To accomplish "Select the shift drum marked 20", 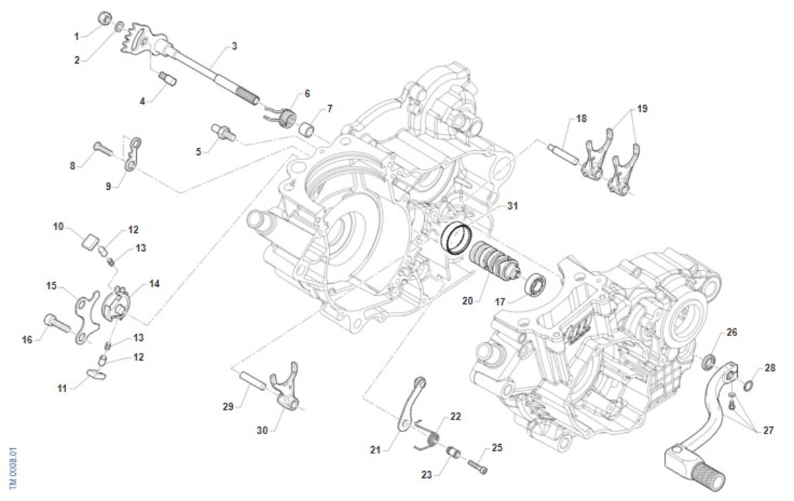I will coord(488,259).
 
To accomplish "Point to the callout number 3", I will coord(234,46).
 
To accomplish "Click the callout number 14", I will coord(154,283).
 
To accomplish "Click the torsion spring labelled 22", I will coord(429,433).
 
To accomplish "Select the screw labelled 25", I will coord(478,465).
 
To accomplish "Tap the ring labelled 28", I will coord(746,386).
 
